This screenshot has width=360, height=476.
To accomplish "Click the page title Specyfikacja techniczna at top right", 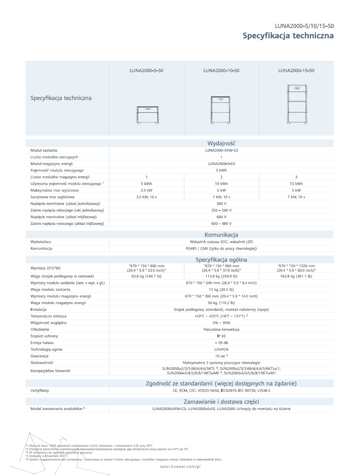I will tap(288, 36).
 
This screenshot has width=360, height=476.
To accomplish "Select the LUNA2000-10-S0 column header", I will tap(221, 70).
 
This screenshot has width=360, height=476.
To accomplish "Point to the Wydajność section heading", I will tap(221, 143).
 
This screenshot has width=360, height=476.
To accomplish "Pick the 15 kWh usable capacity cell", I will tap(296, 184).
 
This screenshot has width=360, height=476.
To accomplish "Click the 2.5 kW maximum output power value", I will tap(147, 190).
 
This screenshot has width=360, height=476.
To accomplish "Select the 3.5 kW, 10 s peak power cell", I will tap(147, 197).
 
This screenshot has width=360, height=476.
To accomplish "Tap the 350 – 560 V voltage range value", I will tap(221, 210).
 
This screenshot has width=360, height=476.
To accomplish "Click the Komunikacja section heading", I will tap(221, 235).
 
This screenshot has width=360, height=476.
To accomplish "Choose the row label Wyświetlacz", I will tap(41, 242).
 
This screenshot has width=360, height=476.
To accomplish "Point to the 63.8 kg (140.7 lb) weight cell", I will tap(147, 276).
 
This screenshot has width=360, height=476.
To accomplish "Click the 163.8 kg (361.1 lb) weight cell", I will tap(296, 276).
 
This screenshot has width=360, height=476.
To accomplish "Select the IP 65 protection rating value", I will tap(221, 336).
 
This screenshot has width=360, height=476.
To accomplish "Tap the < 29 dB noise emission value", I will tap(221, 343).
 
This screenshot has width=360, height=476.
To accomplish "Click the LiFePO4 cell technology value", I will tap(221, 349).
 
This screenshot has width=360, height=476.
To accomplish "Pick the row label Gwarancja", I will tap(39, 356).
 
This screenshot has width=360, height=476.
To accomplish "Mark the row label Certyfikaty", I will tap(40, 391).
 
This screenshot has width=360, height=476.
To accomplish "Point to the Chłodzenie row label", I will tap(40, 330).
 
